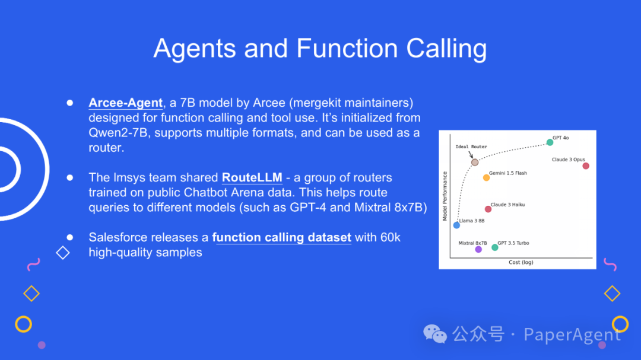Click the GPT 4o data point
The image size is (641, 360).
click(x=550, y=142)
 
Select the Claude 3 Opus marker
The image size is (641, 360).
click(x=586, y=165)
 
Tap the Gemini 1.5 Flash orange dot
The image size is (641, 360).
click(x=486, y=177)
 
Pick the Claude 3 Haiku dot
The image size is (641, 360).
click(x=488, y=209)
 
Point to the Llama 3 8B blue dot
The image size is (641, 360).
click(x=456, y=225)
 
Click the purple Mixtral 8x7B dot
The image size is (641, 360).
click(x=478, y=249)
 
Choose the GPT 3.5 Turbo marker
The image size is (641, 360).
click(x=495, y=247)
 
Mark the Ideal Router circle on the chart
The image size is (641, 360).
click(x=475, y=162)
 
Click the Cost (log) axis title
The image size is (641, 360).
click(x=521, y=262)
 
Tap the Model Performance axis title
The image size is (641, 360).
click(x=445, y=196)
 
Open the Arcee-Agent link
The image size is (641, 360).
click(x=126, y=103)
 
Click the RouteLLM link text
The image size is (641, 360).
click(x=252, y=177)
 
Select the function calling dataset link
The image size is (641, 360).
click(x=281, y=237)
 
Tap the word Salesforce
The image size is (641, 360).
click(x=118, y=237)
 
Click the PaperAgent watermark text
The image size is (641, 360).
click(x=572, y=334)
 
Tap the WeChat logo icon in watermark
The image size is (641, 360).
click(x=435, y=334)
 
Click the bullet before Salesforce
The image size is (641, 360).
click(x=69, y=237)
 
